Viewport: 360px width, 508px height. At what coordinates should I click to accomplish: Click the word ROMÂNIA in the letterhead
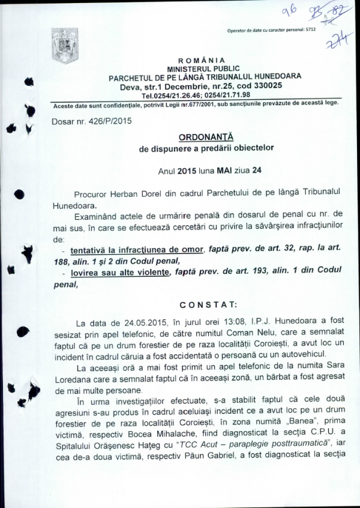pos(201,61)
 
